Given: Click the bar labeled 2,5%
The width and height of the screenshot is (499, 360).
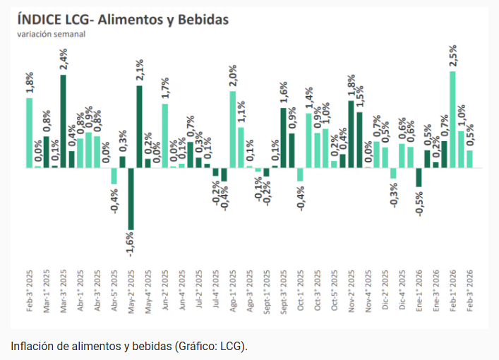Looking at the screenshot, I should click(x=452, y=120).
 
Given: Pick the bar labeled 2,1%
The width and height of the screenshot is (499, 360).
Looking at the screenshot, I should click(x=140, y=127).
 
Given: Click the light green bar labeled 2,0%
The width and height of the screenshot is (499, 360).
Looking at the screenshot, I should click(x=233, y=130).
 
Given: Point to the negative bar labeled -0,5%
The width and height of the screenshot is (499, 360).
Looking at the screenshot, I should click(x=419, y=177).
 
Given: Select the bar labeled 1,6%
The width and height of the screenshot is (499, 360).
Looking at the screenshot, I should click(x=283, y=138).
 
